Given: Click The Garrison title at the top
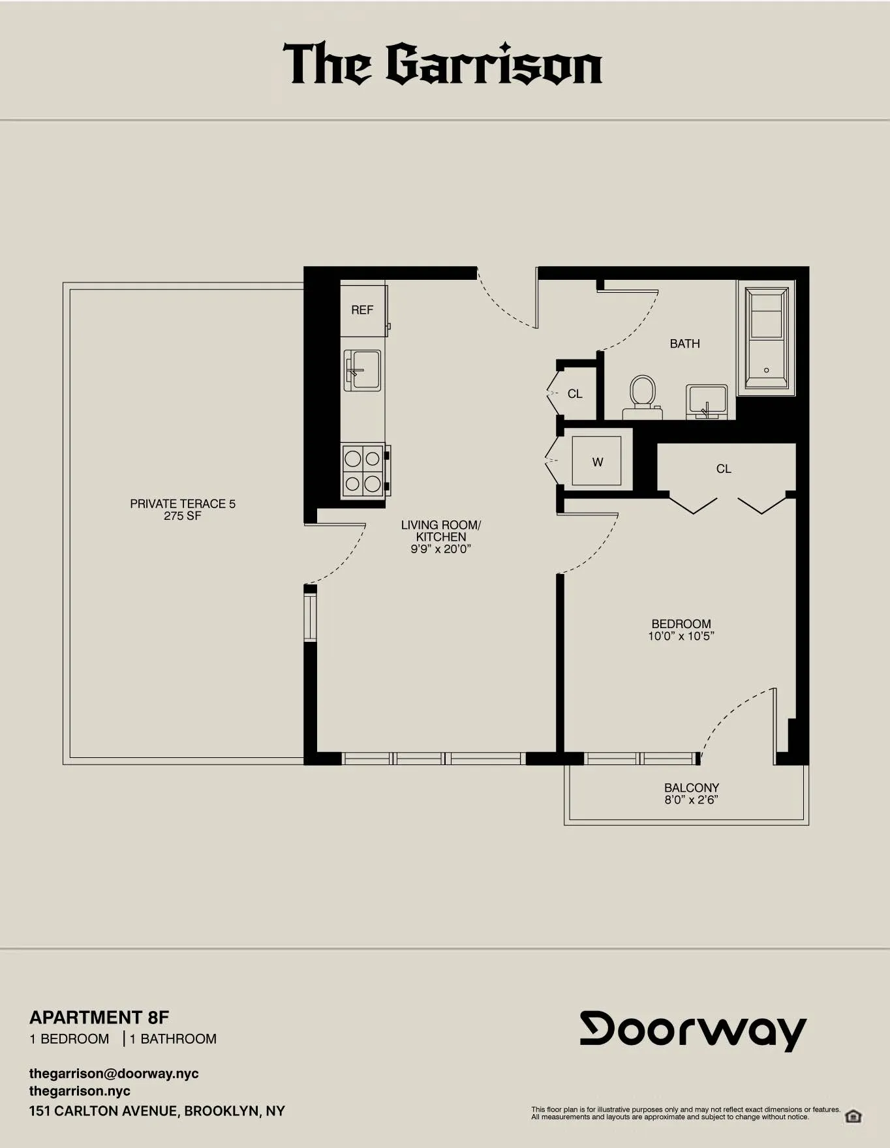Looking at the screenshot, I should pos(442,65).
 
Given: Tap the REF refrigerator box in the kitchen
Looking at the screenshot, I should pos(362,310).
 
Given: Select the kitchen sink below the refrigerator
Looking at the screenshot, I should pos(362,370).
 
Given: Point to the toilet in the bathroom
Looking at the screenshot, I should pos(642,395).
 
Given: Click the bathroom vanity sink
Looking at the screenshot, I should pos(706,402).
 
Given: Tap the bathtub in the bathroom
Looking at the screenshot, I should pos(766,338).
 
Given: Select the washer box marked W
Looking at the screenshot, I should pos(597,462).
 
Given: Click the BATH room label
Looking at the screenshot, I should pos(684,344).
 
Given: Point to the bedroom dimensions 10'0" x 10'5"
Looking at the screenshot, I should pos(681,636).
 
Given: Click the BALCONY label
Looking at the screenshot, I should pos(691,787).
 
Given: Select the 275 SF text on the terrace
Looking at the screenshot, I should pos(183,516).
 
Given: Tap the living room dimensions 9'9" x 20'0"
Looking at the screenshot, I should pos(440,549).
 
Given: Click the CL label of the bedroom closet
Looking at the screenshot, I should pos(723,469).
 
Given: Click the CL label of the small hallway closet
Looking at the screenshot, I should pos(574,394).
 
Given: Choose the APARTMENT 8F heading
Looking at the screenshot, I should pos(99,1018).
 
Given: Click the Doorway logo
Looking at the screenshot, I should pos(693,1031).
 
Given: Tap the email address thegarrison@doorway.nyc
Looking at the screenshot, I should pos(114,1074).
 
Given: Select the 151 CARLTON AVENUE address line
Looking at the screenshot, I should pos(157,1111).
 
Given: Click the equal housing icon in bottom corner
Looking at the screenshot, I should pos(853,1116).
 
